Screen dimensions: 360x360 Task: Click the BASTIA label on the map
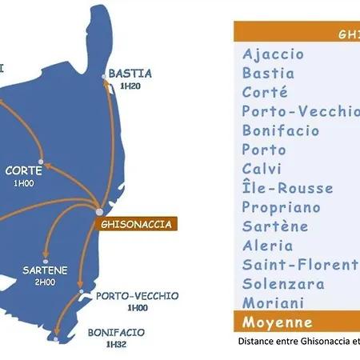[x=130, y=73]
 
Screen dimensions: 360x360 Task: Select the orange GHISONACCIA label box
[x=137, y=224]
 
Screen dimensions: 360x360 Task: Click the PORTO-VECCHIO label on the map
[x=138, y=295]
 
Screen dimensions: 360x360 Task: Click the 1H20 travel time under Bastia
[x=130, y=86]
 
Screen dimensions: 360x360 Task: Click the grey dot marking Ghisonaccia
[x=98, y=213]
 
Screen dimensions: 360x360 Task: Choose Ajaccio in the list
[x=273, y=54]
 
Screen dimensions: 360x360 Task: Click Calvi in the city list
[x=262, y=169]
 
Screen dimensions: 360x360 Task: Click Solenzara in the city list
[x=282, y=284]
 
